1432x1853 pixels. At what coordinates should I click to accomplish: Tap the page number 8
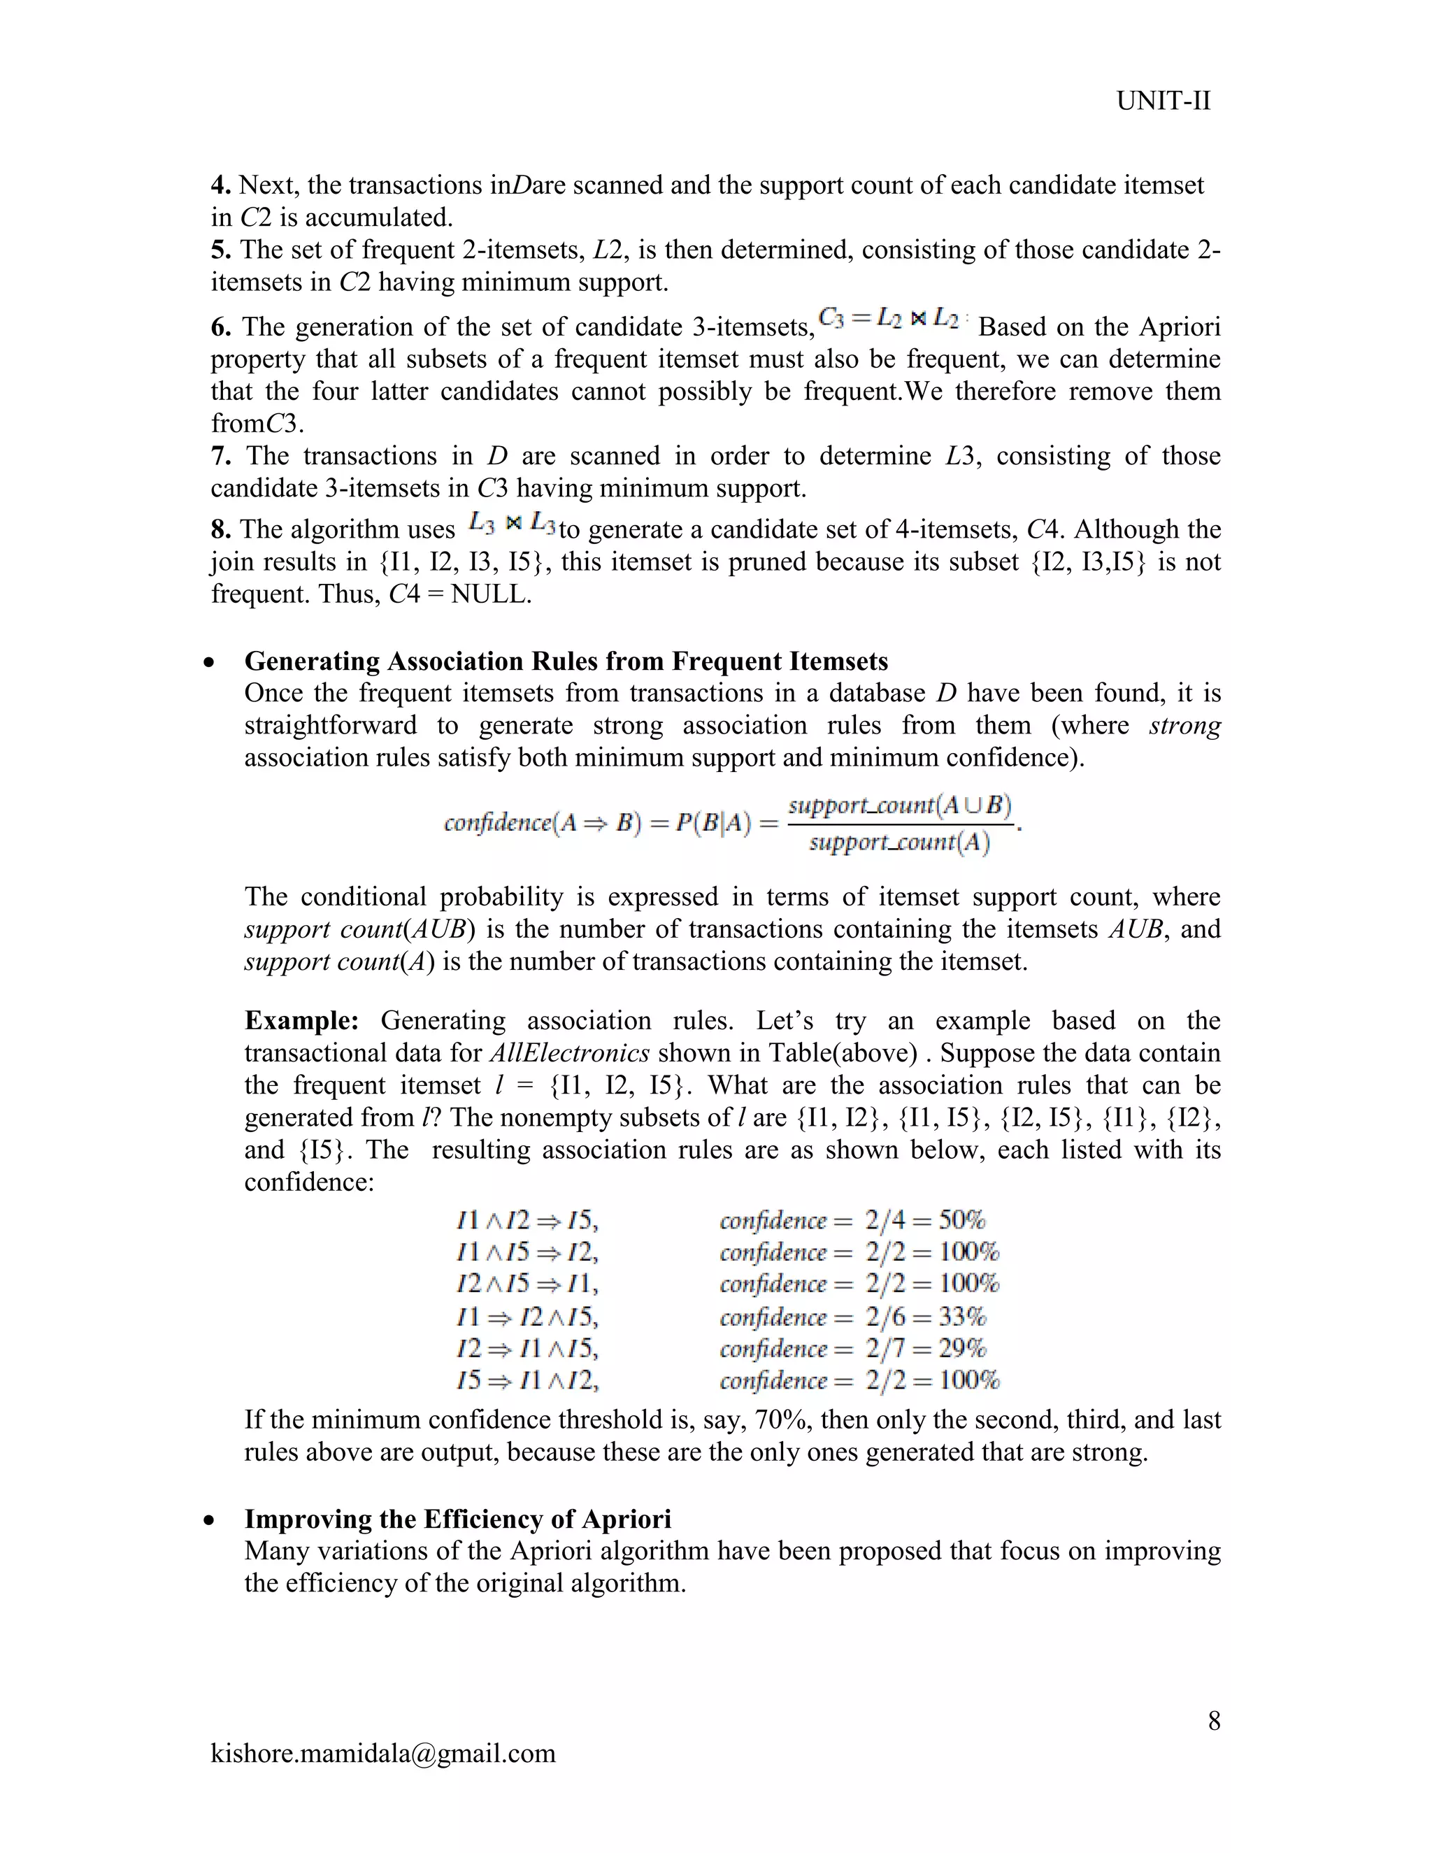1214,1721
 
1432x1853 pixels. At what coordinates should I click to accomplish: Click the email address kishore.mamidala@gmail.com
382,1753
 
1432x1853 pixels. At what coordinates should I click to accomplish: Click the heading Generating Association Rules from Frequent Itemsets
566,661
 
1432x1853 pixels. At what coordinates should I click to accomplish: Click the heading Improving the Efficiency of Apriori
457,1519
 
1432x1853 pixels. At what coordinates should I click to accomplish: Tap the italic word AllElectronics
570,1053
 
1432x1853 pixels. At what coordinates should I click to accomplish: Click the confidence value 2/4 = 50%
924,1221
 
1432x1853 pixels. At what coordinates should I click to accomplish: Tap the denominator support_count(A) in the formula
899,843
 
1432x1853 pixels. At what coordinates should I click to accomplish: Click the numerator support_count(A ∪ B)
899,805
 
